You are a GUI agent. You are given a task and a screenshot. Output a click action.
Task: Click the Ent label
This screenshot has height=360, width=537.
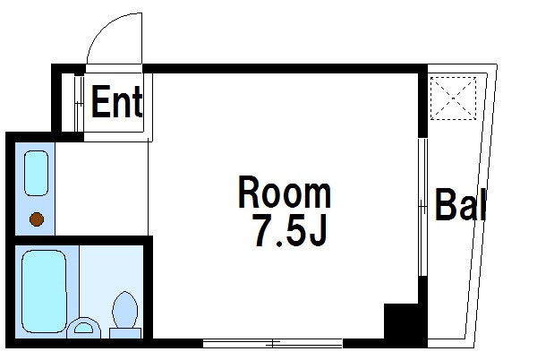tap(116, 102)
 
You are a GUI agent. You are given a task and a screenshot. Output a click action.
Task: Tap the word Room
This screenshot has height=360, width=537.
tap(285, 192)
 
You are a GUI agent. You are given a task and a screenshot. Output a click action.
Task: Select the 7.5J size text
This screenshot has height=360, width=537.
tap(290, 230)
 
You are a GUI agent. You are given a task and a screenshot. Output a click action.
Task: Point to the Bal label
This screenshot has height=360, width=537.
tap(460, 204)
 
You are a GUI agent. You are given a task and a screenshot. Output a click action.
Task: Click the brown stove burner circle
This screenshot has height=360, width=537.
tap(37, 219)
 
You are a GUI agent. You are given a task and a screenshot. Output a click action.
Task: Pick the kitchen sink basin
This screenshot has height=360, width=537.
tap(36, 173)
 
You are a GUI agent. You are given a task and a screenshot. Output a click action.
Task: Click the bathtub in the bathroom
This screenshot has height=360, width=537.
tap(44, 291)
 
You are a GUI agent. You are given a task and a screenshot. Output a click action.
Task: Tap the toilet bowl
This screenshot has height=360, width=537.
tap(125, 310)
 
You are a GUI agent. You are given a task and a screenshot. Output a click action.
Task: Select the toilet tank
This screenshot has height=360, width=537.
tap(125, 333)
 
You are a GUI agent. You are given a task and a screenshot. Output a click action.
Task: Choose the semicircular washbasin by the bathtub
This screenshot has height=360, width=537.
tap(83, 328)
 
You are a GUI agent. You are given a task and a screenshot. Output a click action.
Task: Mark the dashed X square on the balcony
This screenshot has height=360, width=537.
tap(453, 99)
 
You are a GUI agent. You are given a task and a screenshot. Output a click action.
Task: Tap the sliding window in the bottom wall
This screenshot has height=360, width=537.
tap(273, 343)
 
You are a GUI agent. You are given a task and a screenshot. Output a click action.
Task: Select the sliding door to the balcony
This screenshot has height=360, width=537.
tap(423, 207)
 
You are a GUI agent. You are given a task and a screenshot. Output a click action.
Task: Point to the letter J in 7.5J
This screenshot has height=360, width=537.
tap(318, 230)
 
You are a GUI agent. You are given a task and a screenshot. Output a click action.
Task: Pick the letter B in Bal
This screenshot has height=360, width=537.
tap(446, 204)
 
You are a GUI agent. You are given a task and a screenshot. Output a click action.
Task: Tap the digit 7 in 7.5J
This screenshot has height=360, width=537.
tap(263, 230)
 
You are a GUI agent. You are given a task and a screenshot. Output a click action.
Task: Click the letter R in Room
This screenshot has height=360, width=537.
tap(250, 193)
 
